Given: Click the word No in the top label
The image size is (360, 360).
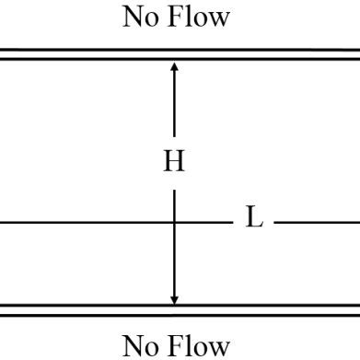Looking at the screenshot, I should [140, 17].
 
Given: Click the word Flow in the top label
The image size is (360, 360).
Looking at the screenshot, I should [198, 17].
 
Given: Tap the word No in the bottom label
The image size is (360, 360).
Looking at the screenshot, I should [140, 345].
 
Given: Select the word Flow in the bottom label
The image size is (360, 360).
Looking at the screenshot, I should [198, 345].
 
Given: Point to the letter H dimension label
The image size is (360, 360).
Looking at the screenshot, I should [174, 163].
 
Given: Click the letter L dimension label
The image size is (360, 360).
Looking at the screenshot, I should [254, 221].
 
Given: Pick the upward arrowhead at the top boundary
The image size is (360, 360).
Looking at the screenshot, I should [174, 66].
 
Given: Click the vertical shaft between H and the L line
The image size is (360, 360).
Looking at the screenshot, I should [174, 201].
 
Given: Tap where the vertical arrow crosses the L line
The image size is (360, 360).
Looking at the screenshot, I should [174, 222].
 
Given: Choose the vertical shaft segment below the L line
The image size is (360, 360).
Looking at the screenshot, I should [174, 262].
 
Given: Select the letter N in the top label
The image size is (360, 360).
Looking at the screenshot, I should [134, 17].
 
